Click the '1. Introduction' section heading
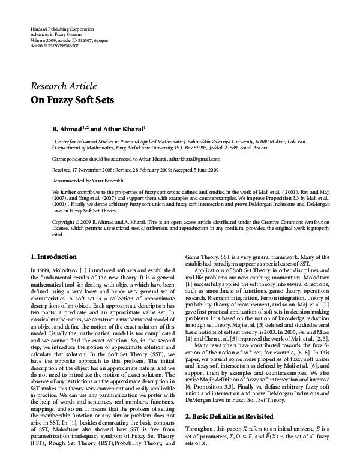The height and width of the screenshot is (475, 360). click(53, 256)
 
